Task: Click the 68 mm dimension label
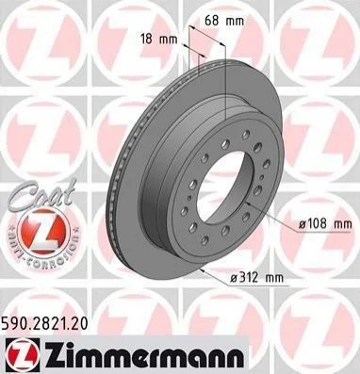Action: point(224,21)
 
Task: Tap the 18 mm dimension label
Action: point(159,40)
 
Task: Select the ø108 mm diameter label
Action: point(325,224)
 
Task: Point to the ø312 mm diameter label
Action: point(256,278)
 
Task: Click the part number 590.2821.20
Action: point(44,324)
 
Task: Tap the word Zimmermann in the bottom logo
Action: point(143,354)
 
